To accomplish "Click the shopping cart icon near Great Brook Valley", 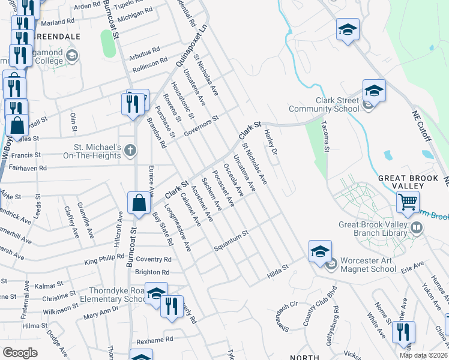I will click(408, 202).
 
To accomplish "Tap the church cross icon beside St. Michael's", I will click(129, 148).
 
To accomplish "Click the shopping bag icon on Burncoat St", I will click(139, 203).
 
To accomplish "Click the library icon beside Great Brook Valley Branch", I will click(416, 228).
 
